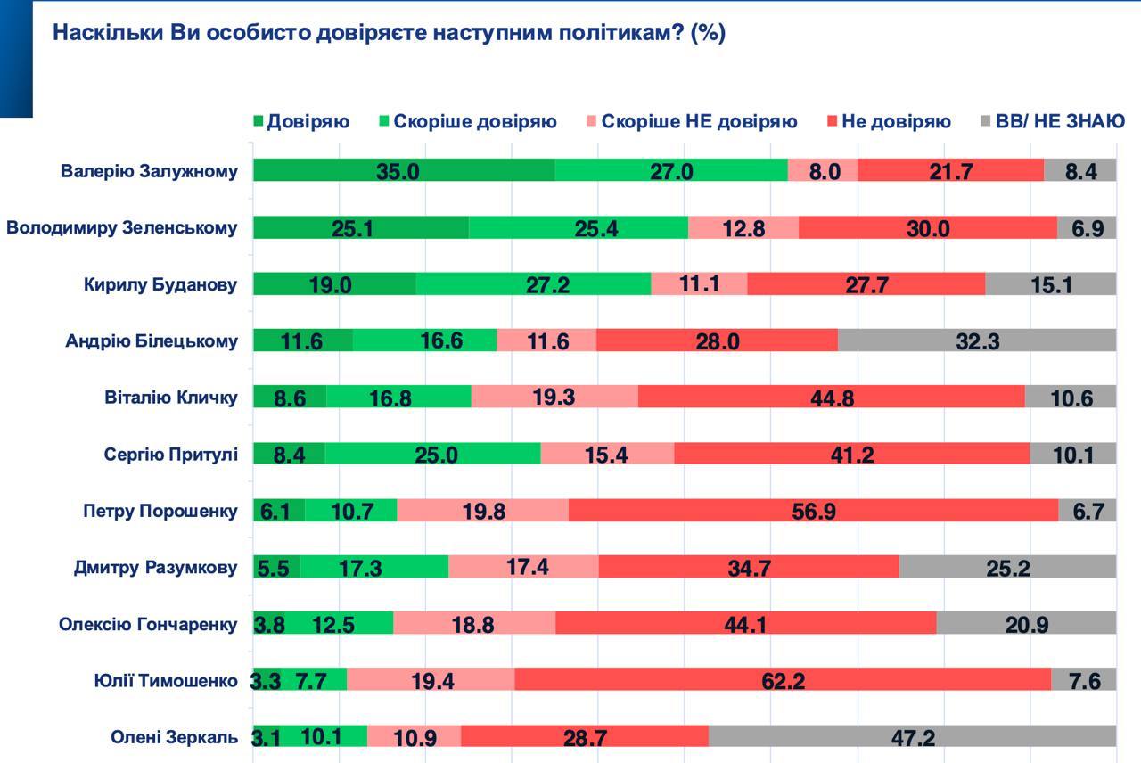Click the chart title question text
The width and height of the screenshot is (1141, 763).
point(389,33)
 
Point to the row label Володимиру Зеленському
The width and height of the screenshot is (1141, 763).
point(122,227)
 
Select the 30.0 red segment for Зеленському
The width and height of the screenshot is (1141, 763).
point(927,227)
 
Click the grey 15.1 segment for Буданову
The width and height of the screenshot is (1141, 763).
point(1050,283)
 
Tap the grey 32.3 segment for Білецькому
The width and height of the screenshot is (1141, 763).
point(976,340)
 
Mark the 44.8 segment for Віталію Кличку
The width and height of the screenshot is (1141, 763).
point(831,397)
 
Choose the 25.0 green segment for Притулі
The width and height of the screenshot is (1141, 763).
point(433,453)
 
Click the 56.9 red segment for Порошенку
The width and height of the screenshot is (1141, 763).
point(813,510)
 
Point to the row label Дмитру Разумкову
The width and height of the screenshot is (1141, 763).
point(155,567)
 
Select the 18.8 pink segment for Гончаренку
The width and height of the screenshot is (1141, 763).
point(474,623)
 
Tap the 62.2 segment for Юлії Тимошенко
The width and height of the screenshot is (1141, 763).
point(783,680)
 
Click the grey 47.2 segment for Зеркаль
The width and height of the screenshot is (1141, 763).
point(912,736)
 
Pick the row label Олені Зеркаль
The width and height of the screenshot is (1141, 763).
point(174,737)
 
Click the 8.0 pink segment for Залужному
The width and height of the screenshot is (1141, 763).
point(823,170)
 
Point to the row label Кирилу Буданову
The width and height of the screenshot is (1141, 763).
point(160,284)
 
